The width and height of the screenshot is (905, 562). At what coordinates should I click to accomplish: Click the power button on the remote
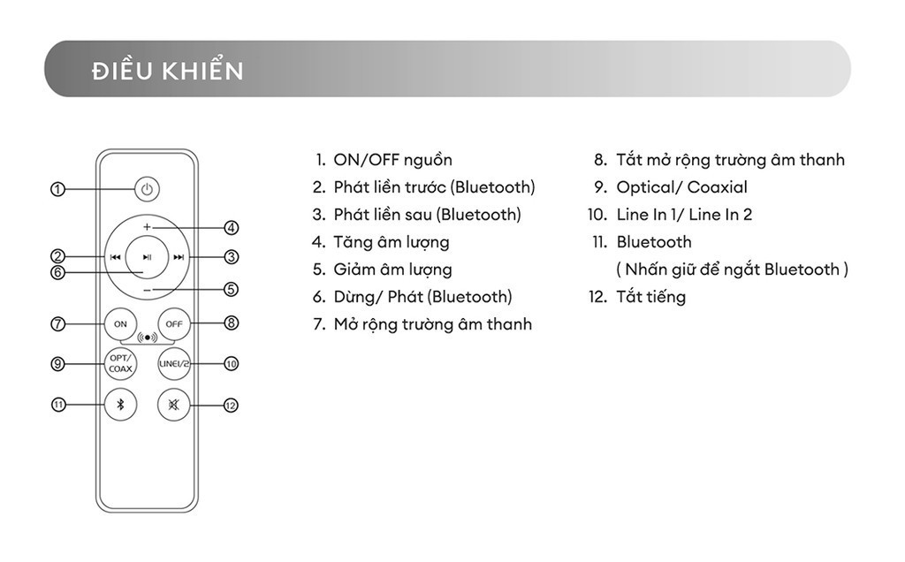point(148,188)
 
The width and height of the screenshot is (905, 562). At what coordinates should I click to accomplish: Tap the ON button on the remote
point(121,323)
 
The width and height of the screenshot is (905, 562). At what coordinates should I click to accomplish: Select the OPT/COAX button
point(121,363)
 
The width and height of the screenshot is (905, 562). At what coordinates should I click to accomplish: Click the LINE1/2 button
point(174,363)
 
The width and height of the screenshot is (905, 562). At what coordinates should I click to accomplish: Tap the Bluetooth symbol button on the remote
point(121,405)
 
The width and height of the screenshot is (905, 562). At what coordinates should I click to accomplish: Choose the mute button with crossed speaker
point(174,405)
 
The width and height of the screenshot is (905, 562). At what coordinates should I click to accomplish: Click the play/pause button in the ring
point(147,257)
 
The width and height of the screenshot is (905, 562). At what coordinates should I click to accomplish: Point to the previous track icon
point(116,258)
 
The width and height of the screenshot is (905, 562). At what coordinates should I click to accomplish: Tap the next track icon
point(179,258)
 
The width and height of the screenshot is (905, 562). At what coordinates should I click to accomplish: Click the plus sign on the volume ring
point(147,227)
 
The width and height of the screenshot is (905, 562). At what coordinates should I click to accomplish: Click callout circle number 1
point(58,189)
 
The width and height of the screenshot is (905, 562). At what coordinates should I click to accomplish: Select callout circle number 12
point(232,406)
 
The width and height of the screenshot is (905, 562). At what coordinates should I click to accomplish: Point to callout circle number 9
point(58,363)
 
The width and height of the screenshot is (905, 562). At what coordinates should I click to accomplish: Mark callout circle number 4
point(232,228)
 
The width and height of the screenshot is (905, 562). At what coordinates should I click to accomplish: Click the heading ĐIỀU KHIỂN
point(167,71)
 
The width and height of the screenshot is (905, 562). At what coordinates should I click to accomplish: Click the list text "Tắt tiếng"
point(650,297)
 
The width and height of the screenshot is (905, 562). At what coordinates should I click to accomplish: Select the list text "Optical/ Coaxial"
point(681,187)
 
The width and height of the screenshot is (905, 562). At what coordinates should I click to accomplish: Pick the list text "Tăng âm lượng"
point(391,242)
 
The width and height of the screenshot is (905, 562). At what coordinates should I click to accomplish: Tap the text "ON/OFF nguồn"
point(392,160)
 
